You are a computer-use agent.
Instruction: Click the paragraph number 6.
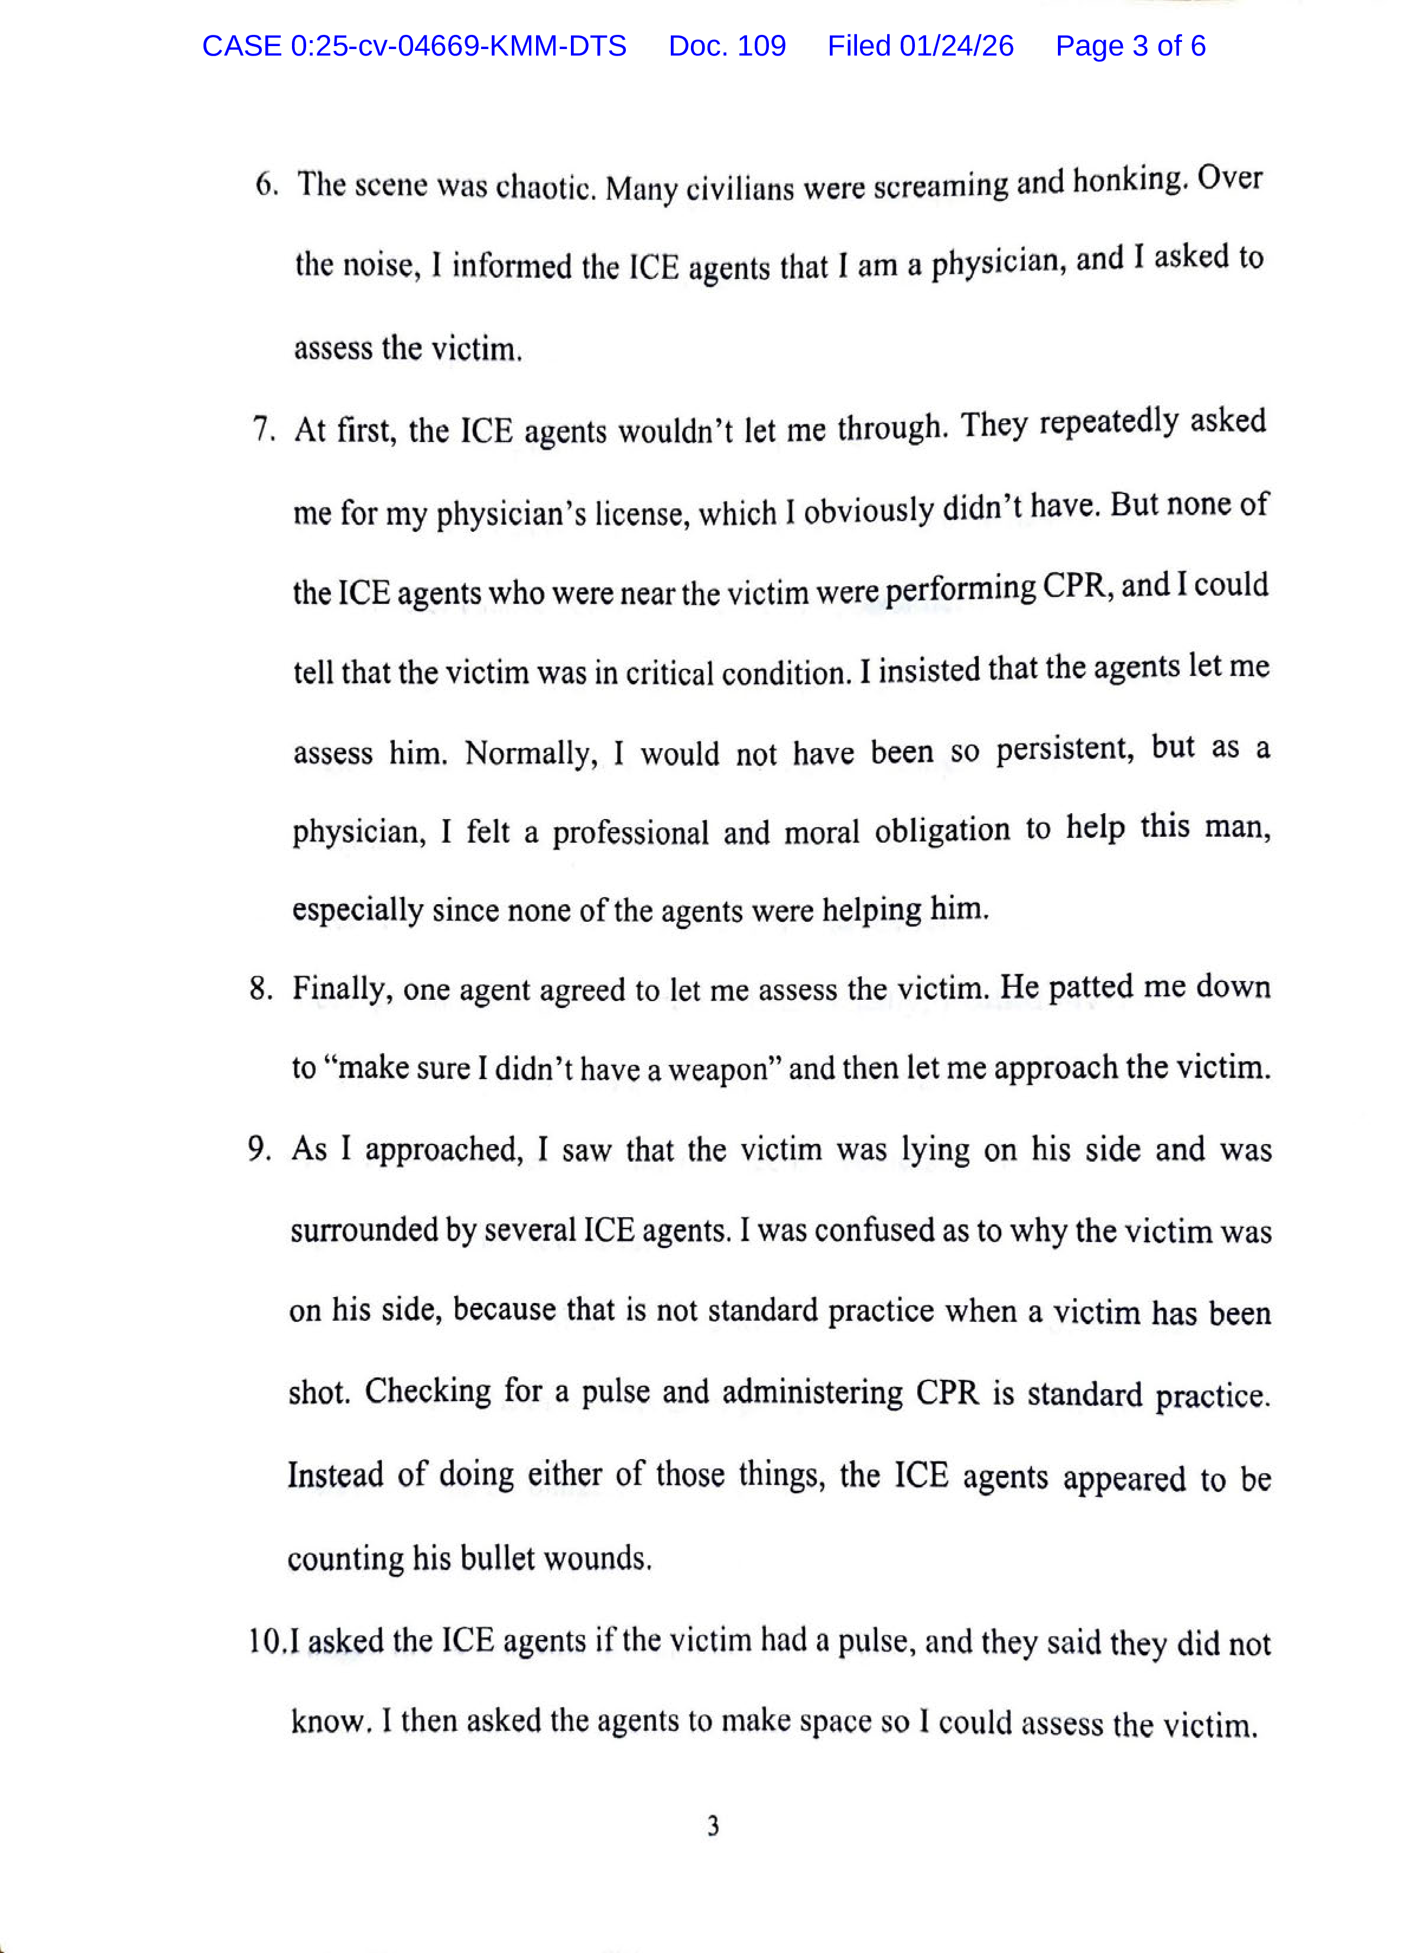pos(265,184)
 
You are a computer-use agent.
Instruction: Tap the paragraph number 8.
pos(261,987)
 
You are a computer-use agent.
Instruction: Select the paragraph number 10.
pos(265,1640)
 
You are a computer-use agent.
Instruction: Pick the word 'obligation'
pos(942,830)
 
